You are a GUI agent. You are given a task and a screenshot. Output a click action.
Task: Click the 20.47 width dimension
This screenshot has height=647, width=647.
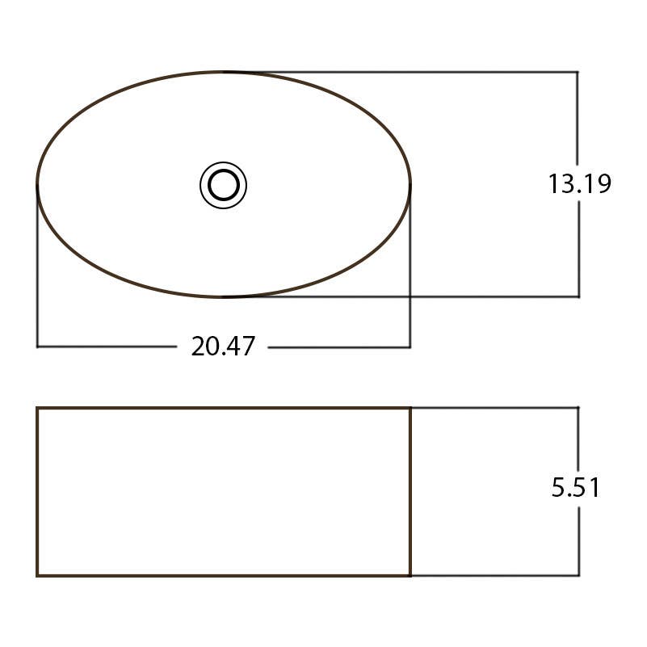223,347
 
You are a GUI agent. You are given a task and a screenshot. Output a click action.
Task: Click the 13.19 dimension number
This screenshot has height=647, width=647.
579,184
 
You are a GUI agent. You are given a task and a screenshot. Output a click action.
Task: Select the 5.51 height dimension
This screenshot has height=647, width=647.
575,488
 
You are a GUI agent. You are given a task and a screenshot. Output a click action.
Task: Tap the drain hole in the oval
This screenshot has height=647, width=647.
223,185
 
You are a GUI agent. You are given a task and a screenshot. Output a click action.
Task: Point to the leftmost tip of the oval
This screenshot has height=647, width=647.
37,185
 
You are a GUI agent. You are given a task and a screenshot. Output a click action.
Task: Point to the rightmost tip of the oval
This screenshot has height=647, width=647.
410,185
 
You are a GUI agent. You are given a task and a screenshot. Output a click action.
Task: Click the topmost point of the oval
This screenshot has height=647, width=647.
224,72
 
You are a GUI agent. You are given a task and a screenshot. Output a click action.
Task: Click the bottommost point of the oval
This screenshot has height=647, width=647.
224,297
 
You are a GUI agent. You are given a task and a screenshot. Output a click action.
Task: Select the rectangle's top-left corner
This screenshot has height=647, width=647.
37,408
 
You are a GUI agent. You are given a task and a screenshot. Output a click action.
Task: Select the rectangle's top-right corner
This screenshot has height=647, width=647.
410,408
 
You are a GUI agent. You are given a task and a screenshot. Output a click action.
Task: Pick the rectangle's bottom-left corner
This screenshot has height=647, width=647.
37,576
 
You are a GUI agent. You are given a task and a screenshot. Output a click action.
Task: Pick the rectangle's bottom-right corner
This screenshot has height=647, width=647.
410,576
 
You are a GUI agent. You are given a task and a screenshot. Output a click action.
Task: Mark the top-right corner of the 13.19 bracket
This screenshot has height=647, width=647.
578,72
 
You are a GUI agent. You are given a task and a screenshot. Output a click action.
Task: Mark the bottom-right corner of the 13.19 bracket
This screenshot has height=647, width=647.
578,296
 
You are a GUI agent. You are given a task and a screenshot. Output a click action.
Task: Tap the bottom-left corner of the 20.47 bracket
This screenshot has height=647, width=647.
37,347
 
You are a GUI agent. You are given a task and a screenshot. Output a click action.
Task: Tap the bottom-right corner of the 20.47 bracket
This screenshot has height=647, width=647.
410,347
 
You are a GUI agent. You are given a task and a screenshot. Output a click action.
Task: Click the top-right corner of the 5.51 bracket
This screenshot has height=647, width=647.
578,408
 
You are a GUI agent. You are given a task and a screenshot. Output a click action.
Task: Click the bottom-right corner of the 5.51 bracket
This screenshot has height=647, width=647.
578,576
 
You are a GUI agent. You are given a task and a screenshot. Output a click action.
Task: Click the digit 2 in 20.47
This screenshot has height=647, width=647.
199,347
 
